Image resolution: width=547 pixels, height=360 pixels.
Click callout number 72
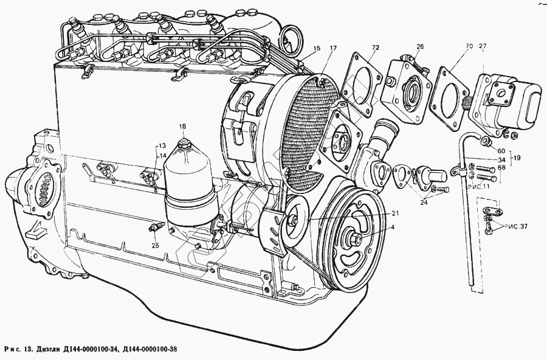click(x=376, y=47)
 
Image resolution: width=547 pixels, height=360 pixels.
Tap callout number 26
click(x=419, y=47)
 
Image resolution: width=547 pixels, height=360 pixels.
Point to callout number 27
click(x=483, y=47)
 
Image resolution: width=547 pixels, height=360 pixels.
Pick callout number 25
click(x=155, y=245)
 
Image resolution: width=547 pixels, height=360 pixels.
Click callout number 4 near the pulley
click(x=392, y=227)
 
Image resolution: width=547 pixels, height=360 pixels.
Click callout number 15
click(x=317, y=48)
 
